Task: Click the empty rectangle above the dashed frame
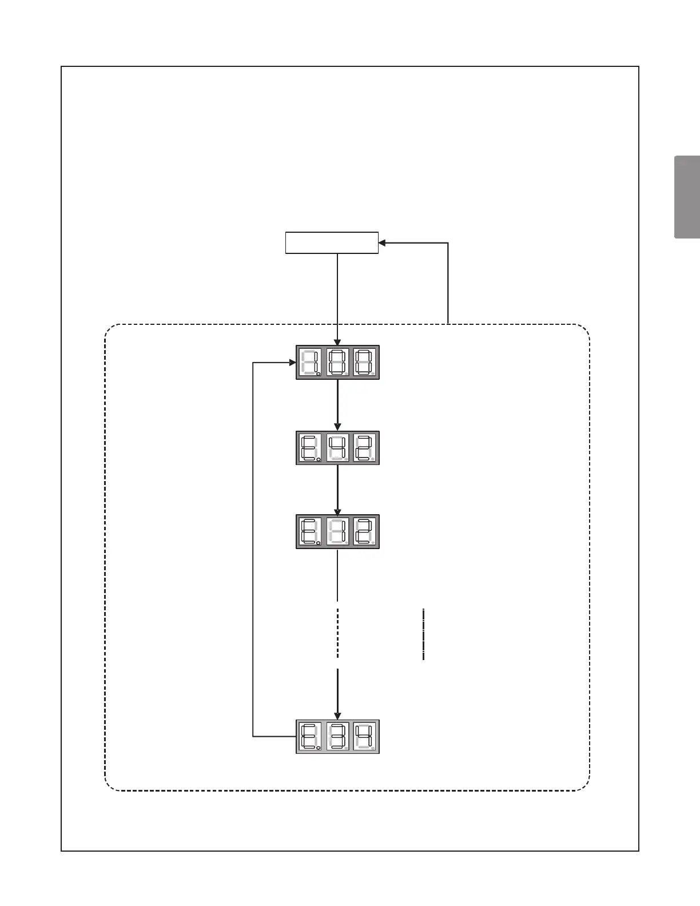332,243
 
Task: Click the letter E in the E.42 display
310,447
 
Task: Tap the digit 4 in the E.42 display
337,447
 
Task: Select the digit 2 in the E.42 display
364,447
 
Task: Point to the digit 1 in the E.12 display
337,531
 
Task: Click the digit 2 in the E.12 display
364,531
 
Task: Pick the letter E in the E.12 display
310,531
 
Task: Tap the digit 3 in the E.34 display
337,736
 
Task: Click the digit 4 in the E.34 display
364,736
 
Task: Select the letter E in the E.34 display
310,736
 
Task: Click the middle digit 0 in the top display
337,362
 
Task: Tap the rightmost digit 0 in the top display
364,362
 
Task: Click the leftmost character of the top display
310,362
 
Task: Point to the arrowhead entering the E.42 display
337,427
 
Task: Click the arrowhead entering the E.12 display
337,511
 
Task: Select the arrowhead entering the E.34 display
337,716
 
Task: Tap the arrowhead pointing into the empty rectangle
382,243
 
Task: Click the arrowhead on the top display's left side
292,362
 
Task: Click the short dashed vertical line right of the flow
423,634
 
